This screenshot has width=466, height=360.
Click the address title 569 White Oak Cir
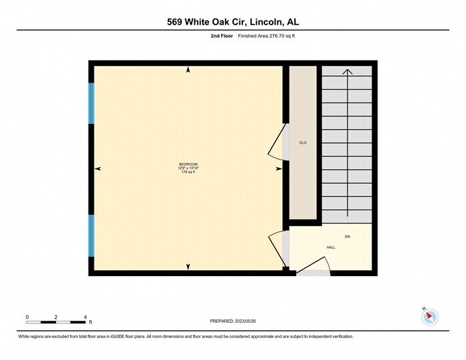tap(232, 22)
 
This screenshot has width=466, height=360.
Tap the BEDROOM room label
tap(188, 164)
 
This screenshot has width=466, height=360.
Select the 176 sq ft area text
tap(188, 172)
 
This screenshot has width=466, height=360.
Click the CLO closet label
tap(302, 142)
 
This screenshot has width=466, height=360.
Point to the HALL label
tap(331, 247)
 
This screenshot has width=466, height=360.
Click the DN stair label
tap(347, 237)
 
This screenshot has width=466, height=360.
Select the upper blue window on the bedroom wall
tap(92, 103)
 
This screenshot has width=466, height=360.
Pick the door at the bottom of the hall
tap(312, 270)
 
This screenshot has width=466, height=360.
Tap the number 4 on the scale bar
tap(85, 317)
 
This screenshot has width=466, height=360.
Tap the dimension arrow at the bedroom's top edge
tap(188, 69)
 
